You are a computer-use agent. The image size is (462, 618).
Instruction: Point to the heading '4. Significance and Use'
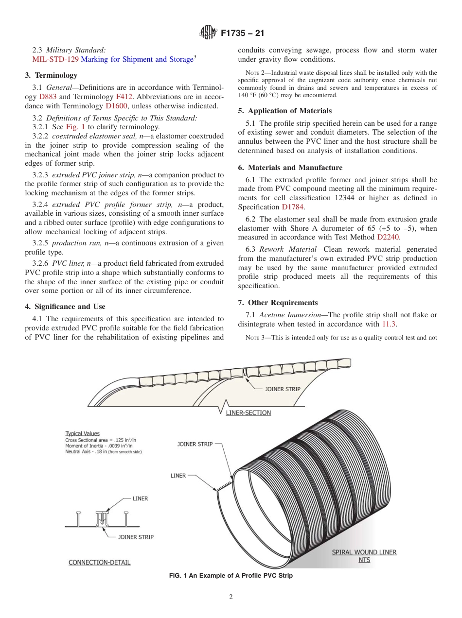tap(65, 307)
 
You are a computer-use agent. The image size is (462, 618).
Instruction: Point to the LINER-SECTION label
tap(249, 413)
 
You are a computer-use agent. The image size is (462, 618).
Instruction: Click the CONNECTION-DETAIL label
tap(99, 562)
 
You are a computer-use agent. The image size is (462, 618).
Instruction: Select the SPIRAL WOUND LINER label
tap(364, 552)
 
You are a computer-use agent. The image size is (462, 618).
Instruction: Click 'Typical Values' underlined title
tap(82, 433)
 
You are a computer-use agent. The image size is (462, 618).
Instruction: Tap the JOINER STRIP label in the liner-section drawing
tap(282, 389)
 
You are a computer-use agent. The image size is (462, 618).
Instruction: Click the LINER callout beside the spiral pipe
tap(178, 476)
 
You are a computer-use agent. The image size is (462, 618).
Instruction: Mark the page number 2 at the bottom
tap(231, 597)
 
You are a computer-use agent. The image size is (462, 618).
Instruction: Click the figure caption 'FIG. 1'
tap(231, 576)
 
